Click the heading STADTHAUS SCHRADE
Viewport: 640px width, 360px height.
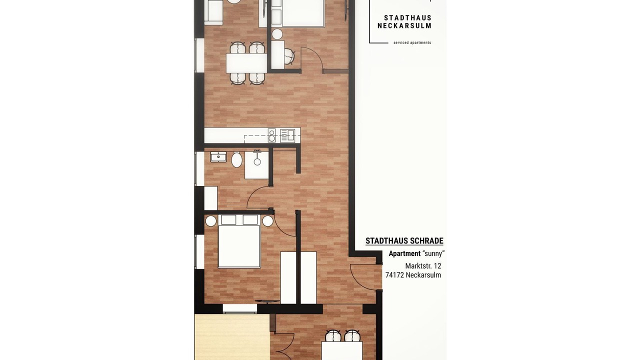(x=404, y=241)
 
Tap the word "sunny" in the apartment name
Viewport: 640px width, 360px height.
(x=433, y=253)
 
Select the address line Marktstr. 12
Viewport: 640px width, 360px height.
(x=423, y=266)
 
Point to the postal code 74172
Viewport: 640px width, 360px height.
(x=394, y=275)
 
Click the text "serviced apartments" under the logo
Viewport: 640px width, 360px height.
(x=412, y=43)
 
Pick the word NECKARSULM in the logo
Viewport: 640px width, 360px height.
(x=404, y=25)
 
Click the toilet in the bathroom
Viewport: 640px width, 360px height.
(x=236, y=159)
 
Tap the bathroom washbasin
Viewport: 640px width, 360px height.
(x=218, y=157)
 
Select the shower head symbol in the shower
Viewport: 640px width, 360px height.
(x=257, y=158)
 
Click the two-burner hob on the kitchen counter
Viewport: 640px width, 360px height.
(x=271, y=135)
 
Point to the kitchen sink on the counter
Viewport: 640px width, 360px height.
(x=287, y=135)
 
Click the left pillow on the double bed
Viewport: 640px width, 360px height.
(x=228, y=219)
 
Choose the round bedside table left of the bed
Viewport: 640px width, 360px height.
(x=211, y=221)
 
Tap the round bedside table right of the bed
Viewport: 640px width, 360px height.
(x=268, y=221)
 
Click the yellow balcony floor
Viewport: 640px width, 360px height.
(x=232, y=337)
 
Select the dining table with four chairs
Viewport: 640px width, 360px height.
(x=246, y=63)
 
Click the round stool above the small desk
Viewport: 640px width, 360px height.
(x=277, y=34)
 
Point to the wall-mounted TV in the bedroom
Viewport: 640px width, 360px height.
(x=267, y=301)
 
